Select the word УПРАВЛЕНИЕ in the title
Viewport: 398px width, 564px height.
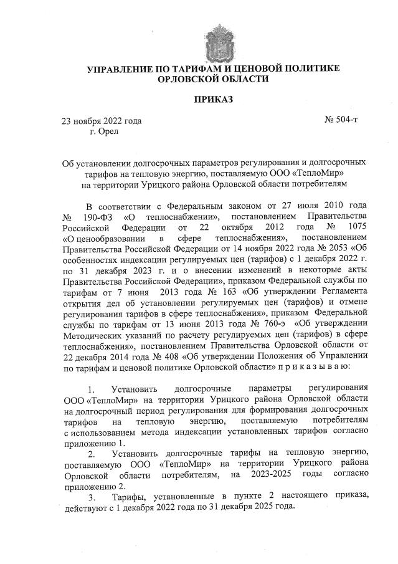(122, 68)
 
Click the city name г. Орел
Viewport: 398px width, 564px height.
(103, 131)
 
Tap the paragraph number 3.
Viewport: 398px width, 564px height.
(92, 497)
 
